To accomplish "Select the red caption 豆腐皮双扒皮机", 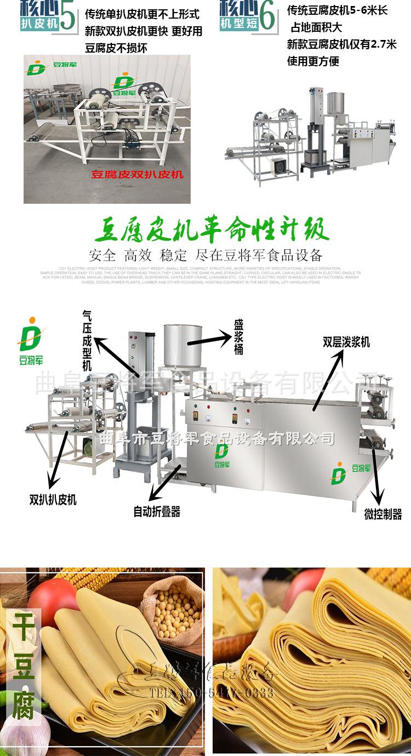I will point(137,175).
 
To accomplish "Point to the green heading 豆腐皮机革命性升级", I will point(205,231).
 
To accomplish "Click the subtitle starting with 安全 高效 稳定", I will point(205,255).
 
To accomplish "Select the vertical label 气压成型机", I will point(87,340).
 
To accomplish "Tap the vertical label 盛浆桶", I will point(239,340).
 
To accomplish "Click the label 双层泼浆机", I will point(346,342).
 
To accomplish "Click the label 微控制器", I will point(383,514).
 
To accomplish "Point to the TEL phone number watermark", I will point(212,693).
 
